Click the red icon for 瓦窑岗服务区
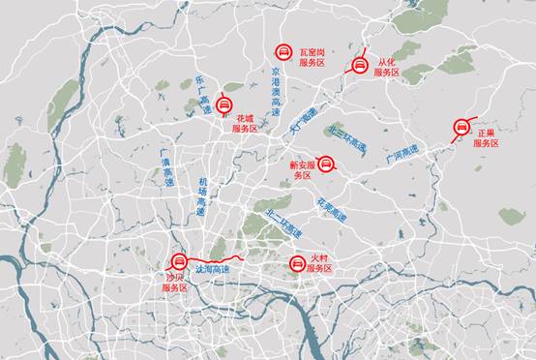(x=283, y=51)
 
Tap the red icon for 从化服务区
(x=359, y=66)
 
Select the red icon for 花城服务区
(x=225, y=105)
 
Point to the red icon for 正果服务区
(x=462, y=128)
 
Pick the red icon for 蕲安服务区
(x=326, y=164)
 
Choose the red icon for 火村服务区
(x=297, y=262)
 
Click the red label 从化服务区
(x=388, y=66)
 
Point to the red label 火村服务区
(x=320, y=262)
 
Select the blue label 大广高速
(x=303, y=121)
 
